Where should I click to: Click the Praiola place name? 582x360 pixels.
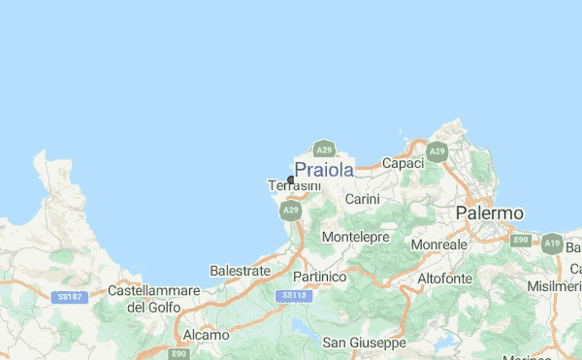[324, 170]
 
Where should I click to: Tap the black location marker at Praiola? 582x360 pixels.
[291, 179]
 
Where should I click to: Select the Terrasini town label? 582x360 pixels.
[293, 185]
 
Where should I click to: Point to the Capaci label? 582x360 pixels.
[404, 164]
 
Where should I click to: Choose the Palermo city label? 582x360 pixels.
[490, 213]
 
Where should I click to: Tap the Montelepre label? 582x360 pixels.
[355, 237]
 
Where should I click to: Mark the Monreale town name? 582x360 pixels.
[438, 245]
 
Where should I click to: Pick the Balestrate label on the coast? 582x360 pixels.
[239, 272]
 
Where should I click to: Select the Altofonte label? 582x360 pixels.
[444, 278]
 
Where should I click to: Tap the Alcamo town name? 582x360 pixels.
[206, 335]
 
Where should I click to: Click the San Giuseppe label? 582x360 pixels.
[364, 343]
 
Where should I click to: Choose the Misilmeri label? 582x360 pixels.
[556, 288]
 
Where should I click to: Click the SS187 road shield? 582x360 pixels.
[68, 296]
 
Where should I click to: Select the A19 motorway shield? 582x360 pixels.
[553, 243]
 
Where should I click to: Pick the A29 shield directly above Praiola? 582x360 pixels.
[324, 149]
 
